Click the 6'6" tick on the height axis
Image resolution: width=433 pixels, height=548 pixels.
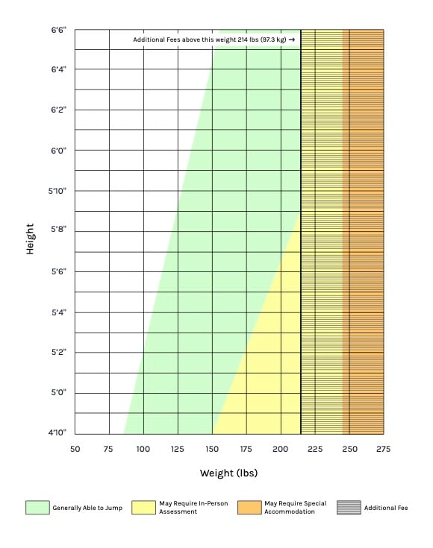point(57,30)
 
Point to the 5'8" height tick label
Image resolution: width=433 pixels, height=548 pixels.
point(57,231)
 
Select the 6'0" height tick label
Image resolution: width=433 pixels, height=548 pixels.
point(57,151)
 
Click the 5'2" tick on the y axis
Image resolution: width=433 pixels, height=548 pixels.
point(57,352)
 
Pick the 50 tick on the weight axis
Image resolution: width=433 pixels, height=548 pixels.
point(75,449)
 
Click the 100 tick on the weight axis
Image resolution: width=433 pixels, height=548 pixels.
point(143,449)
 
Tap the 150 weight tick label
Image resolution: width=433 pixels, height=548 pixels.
point(212,449)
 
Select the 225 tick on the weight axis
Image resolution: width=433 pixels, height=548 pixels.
point(315,449)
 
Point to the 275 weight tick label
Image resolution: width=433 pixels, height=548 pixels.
point(384,449)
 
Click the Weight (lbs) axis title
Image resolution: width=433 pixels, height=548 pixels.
point(228,473)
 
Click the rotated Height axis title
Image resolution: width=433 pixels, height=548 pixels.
point(30,239)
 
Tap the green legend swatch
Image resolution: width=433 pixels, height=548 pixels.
point(37,508)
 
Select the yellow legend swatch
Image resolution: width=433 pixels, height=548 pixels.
point(143,508)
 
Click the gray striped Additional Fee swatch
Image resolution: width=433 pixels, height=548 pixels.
point(348,508)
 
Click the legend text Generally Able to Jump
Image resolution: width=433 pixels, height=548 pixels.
point(87,508)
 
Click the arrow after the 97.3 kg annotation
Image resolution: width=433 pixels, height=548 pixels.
point(291,40)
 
